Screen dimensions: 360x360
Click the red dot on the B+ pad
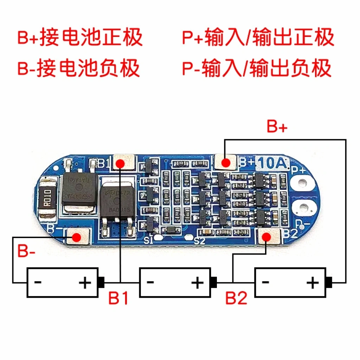click(x=226, y=162)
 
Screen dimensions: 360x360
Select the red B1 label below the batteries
click(x=118, y=299)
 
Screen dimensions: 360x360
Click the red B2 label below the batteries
click(x=236, y=299)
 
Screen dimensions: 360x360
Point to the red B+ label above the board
click(x=277, y=127)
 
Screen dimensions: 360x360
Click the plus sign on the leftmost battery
click(x=85, y=282)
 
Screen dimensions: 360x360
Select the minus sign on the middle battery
click(x=150, y=282)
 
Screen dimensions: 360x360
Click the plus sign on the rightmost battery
click(x=313, y=282)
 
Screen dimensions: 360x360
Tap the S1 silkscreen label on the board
click(x=148, y=240)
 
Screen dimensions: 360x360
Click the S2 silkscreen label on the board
click(x=199, y=241)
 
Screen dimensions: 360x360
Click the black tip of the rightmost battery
click(x=329, y=281)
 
